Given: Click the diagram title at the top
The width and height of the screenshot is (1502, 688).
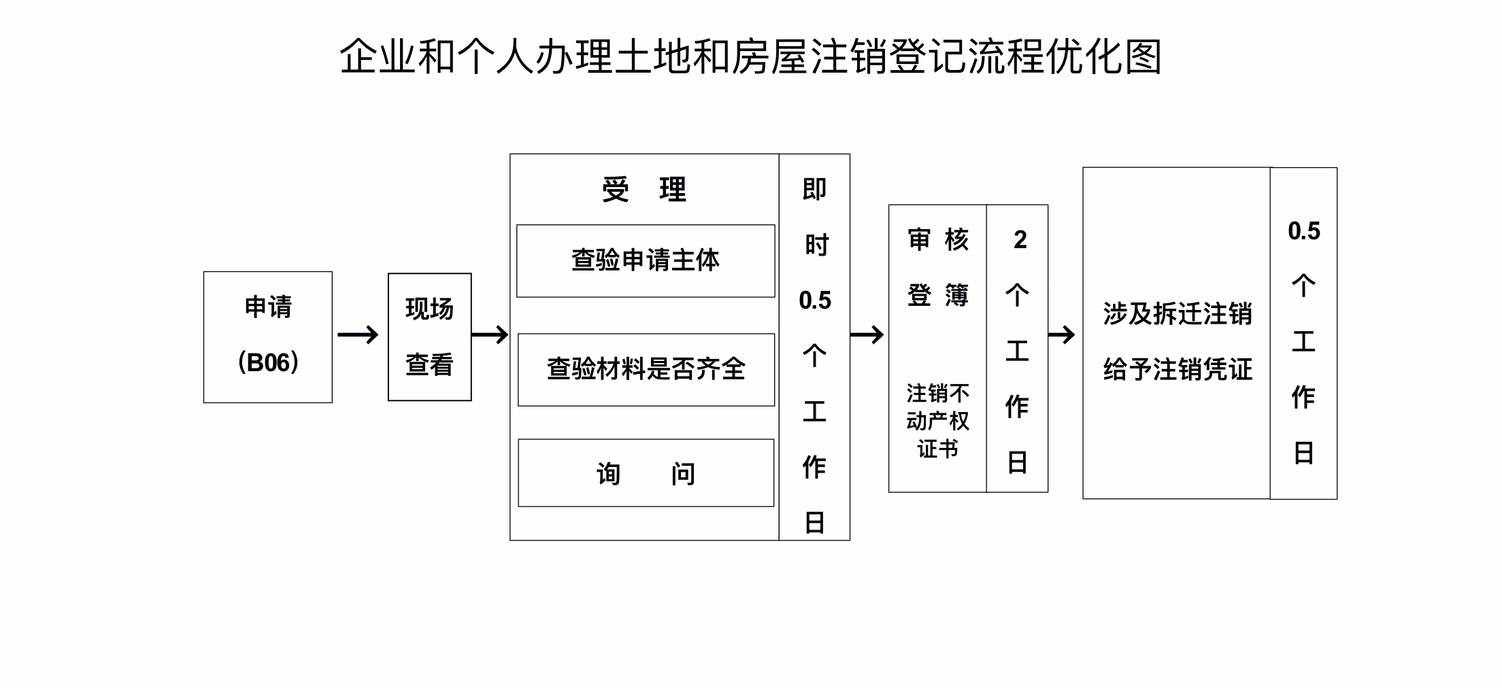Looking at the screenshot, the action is click(750, 56).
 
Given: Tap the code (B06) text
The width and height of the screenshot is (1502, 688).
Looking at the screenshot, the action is click(268, 362).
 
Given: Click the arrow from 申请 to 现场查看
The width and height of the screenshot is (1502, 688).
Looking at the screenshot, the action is click(358, 334).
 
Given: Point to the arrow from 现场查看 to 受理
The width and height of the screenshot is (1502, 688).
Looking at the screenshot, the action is click(490, 334).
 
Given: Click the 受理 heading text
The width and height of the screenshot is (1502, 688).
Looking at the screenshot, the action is click(644, 190).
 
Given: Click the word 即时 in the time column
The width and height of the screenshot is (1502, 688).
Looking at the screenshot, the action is click(815, 217).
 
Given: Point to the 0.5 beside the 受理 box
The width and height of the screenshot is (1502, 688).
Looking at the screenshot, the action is click(815, 300).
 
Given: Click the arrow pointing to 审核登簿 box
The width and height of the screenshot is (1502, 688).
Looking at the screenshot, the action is click(867, 334).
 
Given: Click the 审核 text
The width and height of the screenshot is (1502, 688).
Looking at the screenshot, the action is click(938, 240).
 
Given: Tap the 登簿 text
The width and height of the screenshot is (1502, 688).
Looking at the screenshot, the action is click(938, 296).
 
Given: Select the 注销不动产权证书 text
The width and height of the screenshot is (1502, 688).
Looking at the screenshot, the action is click(938, 422).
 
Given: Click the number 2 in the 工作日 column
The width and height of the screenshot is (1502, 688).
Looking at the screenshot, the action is click(1020, 240).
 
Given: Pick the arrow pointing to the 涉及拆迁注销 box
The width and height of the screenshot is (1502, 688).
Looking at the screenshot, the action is click(1062, 334).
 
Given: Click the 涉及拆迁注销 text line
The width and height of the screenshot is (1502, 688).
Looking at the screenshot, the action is click(1178, 314).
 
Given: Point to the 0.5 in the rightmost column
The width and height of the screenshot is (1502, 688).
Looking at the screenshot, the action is click(1304, 231).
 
